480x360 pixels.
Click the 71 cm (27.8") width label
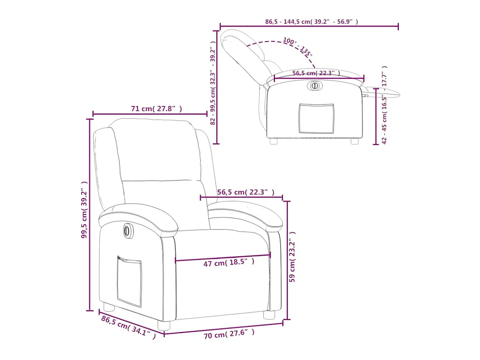click(156, 109)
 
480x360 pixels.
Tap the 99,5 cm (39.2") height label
click(84, 210)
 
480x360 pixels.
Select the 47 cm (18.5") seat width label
click(229, 262)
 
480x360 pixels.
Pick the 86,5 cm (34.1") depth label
click(128, 327)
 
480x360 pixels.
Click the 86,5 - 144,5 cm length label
click(312, 22)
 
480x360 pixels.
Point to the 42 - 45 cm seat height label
click(384, 105)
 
